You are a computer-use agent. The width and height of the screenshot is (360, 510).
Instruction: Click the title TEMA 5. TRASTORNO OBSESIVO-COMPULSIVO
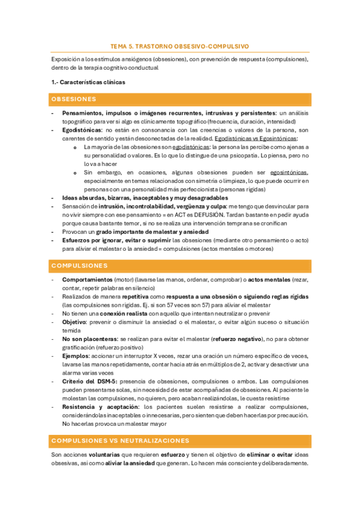tap(180, 46)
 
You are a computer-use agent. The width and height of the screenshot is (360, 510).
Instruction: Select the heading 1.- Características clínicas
tap(88, 82)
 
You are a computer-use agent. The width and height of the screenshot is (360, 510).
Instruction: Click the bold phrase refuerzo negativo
tap(226, 339)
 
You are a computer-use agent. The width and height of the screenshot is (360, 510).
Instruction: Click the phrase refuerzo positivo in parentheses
tap(98, 348)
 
